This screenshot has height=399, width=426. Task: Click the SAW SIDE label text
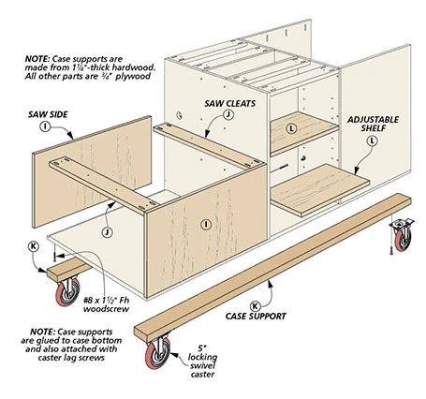(48, 114)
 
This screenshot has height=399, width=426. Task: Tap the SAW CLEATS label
(230, 104)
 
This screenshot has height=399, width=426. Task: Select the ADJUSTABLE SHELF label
(373, 124)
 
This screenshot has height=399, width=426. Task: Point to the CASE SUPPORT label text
(256, 317)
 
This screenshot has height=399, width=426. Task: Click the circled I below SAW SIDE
(45, 126)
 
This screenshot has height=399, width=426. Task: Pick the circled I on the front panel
(206, 224)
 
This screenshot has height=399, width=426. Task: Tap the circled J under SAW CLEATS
(228, 115)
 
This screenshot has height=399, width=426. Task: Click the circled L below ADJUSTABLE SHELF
(372, 141)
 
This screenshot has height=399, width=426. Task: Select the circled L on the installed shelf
(292, 128)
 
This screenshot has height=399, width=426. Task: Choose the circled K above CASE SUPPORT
(256, 305)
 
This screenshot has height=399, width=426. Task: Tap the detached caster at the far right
(403, 235)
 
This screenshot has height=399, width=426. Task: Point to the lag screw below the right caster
(391, 248)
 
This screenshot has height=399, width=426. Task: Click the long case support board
(272, 268)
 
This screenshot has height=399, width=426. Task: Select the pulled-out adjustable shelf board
(320, 190)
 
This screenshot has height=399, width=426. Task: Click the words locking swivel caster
(202, 365)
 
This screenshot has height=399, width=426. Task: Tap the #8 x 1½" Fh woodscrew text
(106, 304)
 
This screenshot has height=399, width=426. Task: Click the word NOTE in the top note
(37, 59)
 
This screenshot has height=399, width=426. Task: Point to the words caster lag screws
(71, 358)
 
